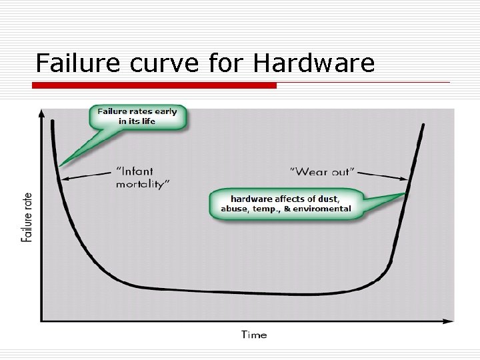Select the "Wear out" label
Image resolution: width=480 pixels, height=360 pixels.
coord(321,172)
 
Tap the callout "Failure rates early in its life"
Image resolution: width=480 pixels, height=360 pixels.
coord(137,116)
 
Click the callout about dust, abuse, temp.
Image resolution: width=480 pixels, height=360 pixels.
coord(286,203)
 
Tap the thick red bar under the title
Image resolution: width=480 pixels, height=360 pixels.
coord(155,85)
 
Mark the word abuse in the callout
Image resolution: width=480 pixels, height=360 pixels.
coord(235,208)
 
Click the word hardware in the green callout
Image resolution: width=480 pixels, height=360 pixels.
coord(251,198)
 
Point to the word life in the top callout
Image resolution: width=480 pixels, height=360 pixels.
coord(147,121)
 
